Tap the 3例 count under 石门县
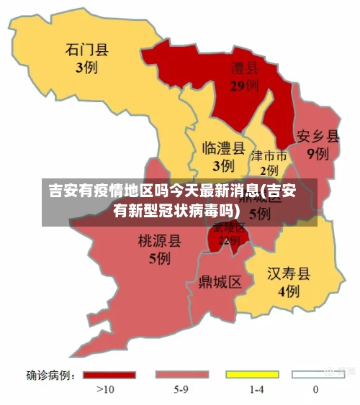(x=86, y=68)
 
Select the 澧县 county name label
(x=244, y=68)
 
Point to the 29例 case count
(x=244, y=86)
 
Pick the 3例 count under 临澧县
(x=222, y=165)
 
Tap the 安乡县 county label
(x=318, y=135)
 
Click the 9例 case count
(x=318, y=153)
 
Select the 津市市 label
(x=269, y=155)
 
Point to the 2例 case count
(x=269, y=170)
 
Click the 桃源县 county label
(x=159, y=240)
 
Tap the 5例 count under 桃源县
(x=159, y=258)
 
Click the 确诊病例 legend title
(x=50, y=375)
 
